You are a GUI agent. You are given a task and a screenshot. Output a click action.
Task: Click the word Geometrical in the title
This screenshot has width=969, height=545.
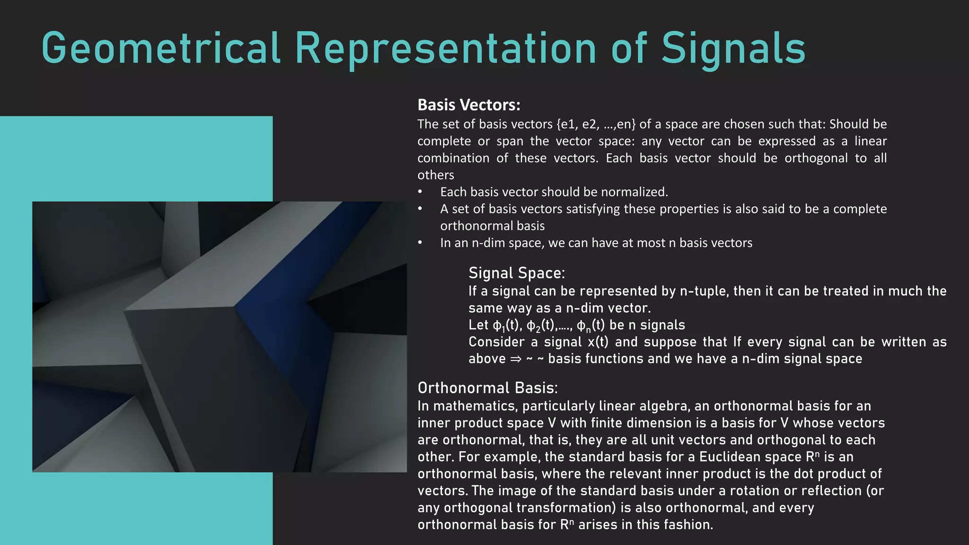[161, 48]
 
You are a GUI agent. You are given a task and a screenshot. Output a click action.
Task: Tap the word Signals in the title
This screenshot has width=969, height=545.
[733, 48]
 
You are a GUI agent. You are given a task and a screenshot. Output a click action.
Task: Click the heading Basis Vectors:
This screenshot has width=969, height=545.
[469, 105]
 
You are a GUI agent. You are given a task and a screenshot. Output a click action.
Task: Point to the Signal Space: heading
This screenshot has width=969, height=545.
[517, 273]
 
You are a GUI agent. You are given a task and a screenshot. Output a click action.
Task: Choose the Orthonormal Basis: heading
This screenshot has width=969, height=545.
[487, 388]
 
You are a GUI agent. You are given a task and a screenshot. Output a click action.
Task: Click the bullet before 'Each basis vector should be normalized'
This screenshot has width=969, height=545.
[420, 192]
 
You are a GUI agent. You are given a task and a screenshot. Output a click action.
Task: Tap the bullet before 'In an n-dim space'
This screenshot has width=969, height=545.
[420, 243]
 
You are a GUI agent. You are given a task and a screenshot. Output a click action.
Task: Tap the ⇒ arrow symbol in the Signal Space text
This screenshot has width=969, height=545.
[515, 359]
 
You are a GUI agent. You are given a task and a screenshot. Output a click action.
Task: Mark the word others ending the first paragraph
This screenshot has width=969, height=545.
[435, 175]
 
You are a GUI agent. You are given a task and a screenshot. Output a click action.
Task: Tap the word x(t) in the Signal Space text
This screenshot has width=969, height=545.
[598, 342]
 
